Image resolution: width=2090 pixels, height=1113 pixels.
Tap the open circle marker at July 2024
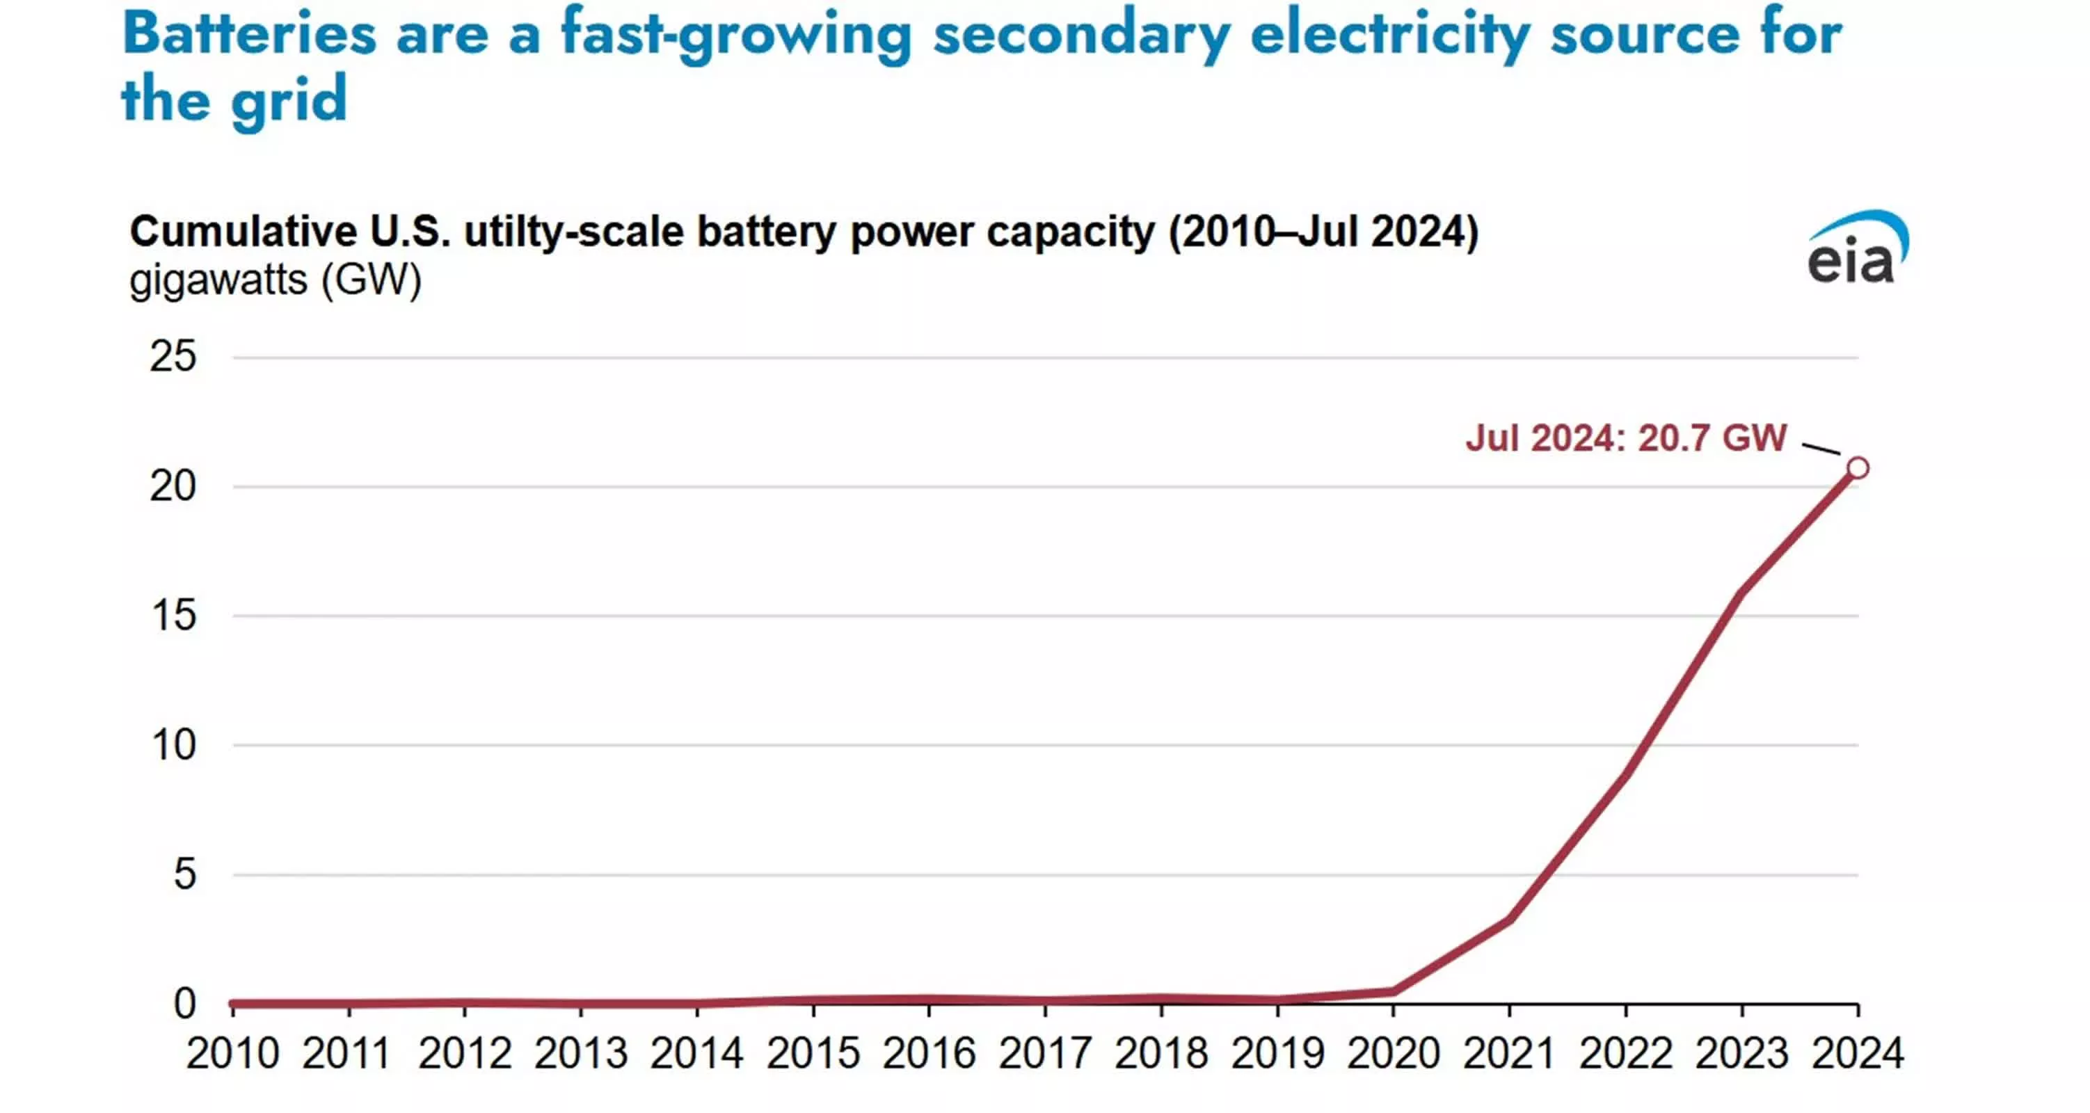(1857, 468)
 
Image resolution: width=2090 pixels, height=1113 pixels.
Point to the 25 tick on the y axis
(173, 357)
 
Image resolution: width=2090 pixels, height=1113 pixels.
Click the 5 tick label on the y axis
(185, 874)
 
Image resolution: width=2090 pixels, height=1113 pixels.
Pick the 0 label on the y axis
(185, 1004)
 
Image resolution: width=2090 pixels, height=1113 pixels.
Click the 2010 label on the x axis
(233, 1054)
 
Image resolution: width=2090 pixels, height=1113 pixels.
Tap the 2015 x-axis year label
(813, 1054)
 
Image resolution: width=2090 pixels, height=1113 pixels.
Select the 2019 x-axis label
(1277, 1054)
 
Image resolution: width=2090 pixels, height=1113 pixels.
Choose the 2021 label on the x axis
(1509, 1054)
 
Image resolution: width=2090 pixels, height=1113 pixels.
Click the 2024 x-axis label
(1857, 1054)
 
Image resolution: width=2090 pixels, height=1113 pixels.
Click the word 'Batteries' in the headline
(249, 34)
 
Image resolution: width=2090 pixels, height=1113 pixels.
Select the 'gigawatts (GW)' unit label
(275, 280)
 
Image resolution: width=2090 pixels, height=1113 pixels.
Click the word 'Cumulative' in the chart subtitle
(243, 232)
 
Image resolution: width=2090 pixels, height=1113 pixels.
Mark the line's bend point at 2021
(1509, 919)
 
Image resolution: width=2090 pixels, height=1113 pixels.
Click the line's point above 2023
(1742, 593)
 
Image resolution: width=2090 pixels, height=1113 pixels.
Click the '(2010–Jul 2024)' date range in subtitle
(1323, 232)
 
